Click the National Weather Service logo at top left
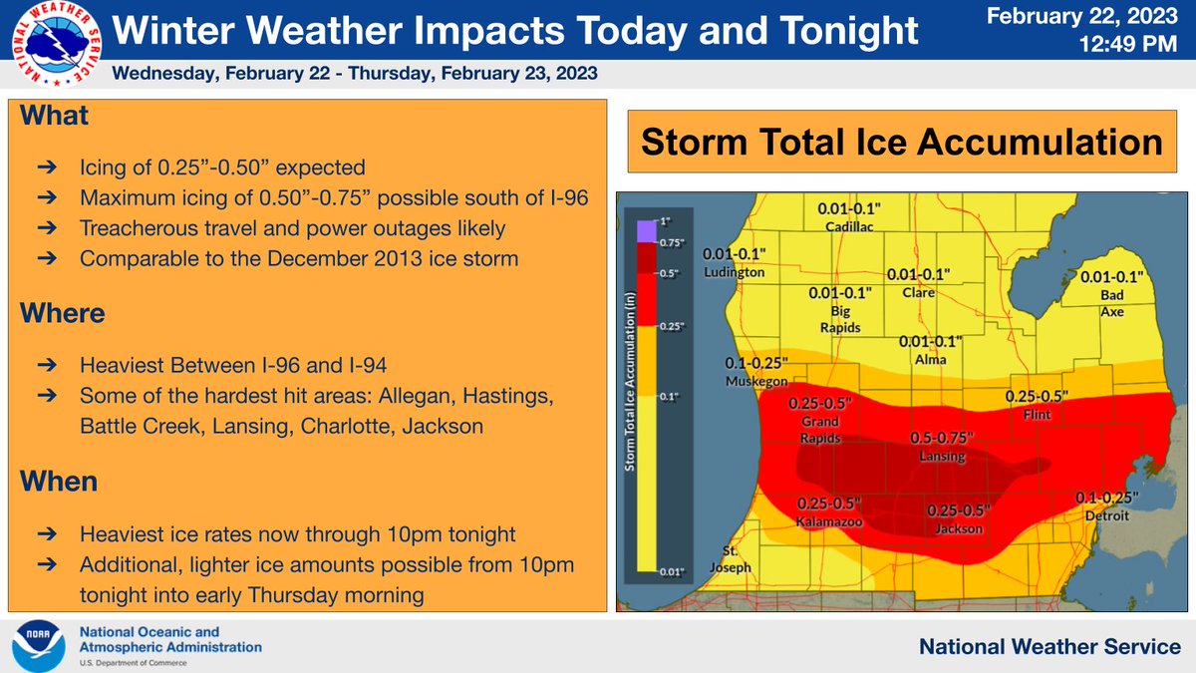(51, 44)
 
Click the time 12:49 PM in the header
(1133, 46)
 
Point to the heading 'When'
(59, 483)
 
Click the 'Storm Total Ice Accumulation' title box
(900, 143)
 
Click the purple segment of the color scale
(647, 228)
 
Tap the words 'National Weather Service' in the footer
(1048, 647)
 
